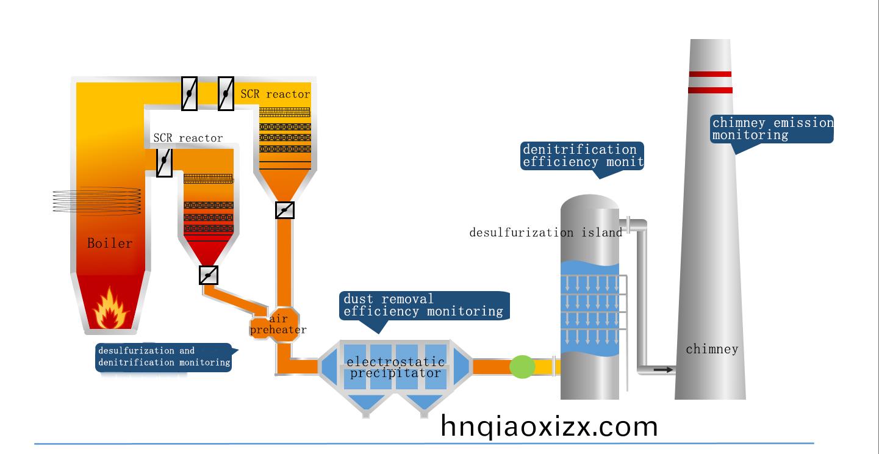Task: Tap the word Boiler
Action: [110, 243]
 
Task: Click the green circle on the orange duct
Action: [522, 367]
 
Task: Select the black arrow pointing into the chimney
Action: [663, 370]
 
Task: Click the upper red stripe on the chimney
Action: [710, 74]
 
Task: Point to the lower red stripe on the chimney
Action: [710, 90]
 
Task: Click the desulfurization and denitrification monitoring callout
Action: [165, 357]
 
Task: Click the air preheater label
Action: [278, 324]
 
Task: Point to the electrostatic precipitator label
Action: [395, 367]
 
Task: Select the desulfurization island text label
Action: [546, 232]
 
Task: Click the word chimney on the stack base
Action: [712, 349]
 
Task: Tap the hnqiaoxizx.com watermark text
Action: [549, 427]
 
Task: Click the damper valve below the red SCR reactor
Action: [209, 275]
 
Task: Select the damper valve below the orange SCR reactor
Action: [285, 210]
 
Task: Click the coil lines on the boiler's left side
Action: [97, 201]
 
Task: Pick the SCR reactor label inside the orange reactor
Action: [275, 94]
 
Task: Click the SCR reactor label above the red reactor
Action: [188, 138]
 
